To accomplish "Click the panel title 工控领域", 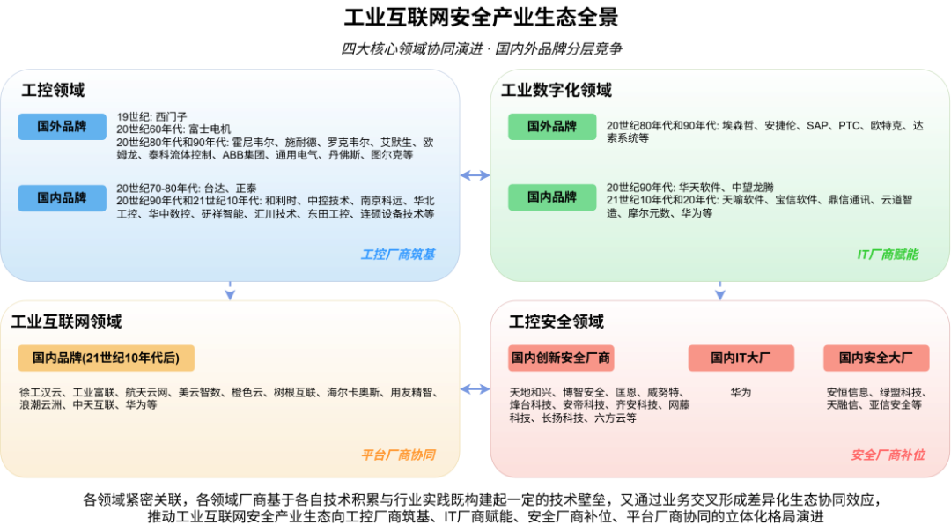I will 53,91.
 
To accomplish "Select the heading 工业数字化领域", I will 556,91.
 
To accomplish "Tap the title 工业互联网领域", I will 66,322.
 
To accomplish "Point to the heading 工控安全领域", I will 557,322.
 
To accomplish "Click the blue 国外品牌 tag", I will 62,127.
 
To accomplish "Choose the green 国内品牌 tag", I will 552,197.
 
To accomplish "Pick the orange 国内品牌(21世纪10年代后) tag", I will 106,358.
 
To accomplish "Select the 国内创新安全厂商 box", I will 561,358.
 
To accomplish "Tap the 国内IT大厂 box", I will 741,358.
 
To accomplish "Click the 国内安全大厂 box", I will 875,358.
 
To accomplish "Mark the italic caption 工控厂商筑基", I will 397,255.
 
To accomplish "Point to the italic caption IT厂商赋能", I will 888,255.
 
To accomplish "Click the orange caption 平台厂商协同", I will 397,455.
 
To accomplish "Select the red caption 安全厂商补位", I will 888,455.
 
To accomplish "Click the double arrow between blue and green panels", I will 475,176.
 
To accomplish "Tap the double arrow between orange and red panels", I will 475,389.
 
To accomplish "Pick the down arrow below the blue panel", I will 230,292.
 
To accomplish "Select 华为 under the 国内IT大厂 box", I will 741,392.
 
